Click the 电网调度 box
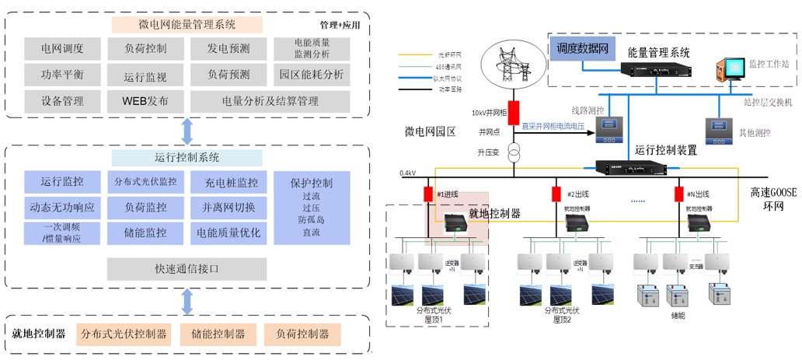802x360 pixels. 62,48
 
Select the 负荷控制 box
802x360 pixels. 145,48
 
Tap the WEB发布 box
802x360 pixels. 145,101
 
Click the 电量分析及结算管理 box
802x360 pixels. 270,101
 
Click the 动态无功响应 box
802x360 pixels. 62,208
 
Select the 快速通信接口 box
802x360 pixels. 187,269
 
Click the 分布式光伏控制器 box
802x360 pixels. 122,334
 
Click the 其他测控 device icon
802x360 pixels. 715,128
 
